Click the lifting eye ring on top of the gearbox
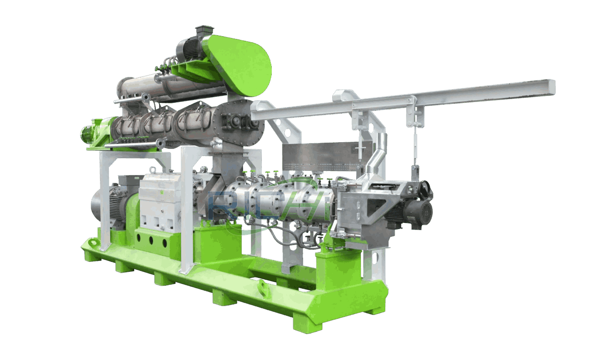coord(152,170)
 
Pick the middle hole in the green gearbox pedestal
coord(152,239)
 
